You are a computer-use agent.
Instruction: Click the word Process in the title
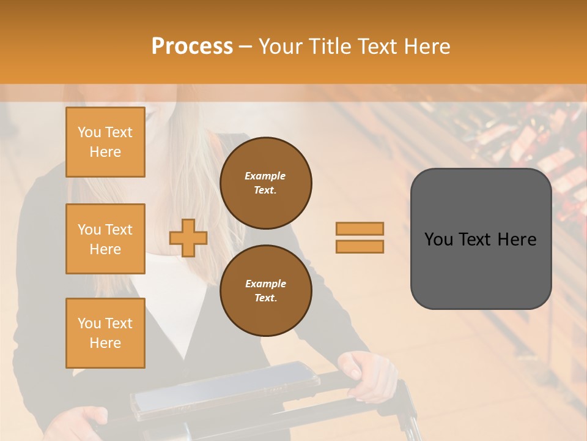[x=192, y=47]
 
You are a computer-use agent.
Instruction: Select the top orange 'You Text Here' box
[x=105, y=142]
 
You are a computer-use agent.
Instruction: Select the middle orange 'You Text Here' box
[x=105, y=239]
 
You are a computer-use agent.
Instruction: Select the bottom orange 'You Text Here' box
[x=105, y=333]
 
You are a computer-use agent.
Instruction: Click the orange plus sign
[x=188, y=238]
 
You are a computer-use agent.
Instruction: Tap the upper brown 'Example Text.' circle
[x=265, y=183]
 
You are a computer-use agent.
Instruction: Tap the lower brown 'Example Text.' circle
[x=265, y=291]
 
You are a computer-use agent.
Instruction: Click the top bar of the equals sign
[x=360, y=228]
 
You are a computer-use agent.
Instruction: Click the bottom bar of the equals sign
[x=360, y=246]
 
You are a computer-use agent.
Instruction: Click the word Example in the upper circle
[x=265, y=176]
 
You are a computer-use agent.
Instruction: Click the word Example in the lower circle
[x=265, y=284]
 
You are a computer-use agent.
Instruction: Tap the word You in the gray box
[x=438, y=239]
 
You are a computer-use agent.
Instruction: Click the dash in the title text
[x=245, y=47]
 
